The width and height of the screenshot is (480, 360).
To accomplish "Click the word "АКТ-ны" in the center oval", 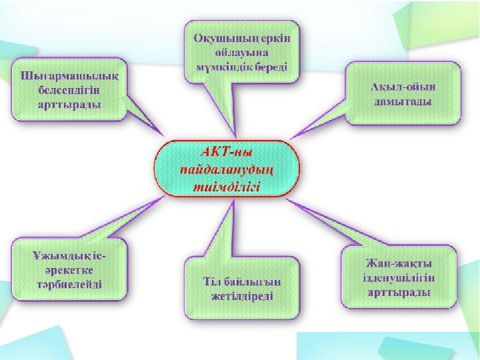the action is tap(227, 152).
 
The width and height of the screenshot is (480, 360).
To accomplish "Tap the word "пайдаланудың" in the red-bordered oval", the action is tap(227, 170).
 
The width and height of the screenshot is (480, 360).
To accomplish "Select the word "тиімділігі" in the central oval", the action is tap(227, 187).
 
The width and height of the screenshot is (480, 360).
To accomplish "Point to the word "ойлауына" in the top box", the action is tap(242, 53).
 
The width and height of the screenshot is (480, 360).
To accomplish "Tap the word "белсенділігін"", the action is tap(69, 91).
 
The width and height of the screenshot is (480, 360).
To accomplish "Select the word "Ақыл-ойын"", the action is tap(403, 87).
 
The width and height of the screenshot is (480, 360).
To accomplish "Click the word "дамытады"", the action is tap(403, 101).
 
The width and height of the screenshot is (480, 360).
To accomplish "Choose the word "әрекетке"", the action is tap(70, 271).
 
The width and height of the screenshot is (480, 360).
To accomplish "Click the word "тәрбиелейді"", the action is tap(69, 285).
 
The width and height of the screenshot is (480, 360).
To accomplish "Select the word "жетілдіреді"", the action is tap(242, 296).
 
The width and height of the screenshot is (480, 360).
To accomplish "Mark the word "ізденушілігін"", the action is tap(399, 278).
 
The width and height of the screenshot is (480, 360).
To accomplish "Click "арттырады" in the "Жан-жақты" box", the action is tap(399, 293).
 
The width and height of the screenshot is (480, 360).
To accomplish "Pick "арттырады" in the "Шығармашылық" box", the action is tap(69, 105).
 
